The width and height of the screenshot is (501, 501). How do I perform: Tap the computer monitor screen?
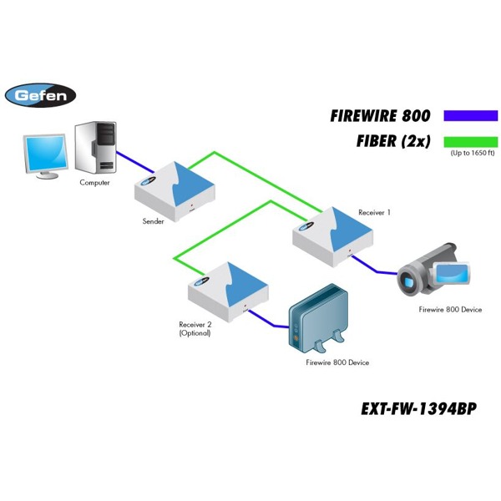point(45,153)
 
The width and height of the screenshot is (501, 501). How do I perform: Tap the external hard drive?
point(316,317)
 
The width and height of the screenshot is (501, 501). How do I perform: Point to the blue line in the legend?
point(470,116)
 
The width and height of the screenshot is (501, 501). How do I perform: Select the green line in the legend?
point(470,141)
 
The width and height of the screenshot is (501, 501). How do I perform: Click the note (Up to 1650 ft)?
point(473,154)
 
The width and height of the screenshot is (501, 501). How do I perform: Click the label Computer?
point(94,182)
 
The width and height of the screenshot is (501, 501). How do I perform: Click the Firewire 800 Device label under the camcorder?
point(450,310)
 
